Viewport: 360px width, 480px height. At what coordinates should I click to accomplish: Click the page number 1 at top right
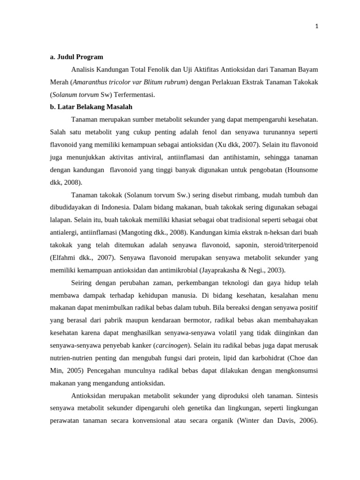[317, 26]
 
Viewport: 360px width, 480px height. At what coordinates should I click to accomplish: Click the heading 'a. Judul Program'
[76, 57]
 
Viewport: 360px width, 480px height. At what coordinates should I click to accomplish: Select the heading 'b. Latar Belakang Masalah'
[91, 107]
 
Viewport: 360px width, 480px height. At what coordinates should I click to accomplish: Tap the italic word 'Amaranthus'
[88, 82]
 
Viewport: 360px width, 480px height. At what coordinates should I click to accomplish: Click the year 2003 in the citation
[275, 270]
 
